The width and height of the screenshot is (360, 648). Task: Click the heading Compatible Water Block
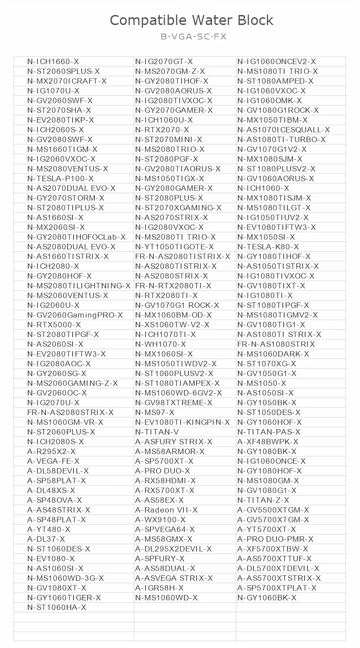click(x=192, y=20)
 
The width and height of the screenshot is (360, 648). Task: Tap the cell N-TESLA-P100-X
click(x=60, y=178)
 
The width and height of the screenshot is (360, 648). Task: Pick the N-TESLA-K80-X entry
click(x=268, y=247)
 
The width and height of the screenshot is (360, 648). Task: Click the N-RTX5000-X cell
click(x=54, y=325)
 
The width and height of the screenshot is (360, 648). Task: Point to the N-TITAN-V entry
click(x=157, y=432)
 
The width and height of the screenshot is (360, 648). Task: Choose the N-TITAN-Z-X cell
click(x=263, y=500)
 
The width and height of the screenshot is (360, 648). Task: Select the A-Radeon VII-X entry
click(x=166, y=510)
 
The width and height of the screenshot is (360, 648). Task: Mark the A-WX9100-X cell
click(x=160, y=519)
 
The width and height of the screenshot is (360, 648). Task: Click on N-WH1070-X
click(x=160, y=344)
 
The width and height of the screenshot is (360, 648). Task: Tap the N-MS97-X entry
click(x=154, y=412)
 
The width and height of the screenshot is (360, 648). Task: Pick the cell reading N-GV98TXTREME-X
click(x=173, y=403)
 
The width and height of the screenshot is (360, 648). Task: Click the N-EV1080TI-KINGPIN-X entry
click(x=182, y=422)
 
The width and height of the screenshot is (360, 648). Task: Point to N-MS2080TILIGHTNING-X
click(x=79, y=286)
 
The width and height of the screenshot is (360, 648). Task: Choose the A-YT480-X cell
click(x=49, y=529)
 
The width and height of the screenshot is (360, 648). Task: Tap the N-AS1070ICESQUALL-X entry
click(x=284, y=130)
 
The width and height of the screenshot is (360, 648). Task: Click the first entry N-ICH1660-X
click(x=53, y=62)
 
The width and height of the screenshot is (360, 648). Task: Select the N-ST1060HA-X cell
click(x=57, y=607)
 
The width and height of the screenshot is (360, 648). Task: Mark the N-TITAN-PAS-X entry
click(x=269, y=432)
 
